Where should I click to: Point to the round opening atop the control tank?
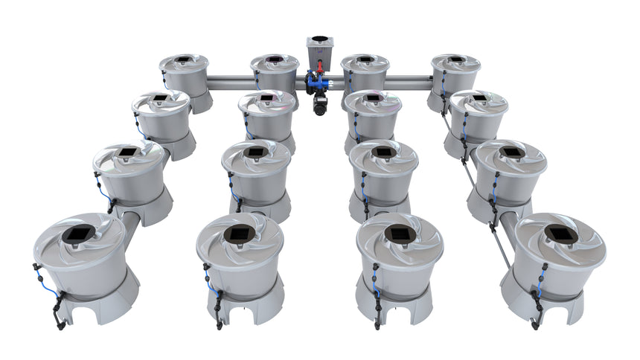coord(320,39)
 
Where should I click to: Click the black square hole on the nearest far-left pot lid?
coord(77,234)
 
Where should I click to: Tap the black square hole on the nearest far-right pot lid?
coord(560,233)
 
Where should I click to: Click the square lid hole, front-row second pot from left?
coord(239,234)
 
